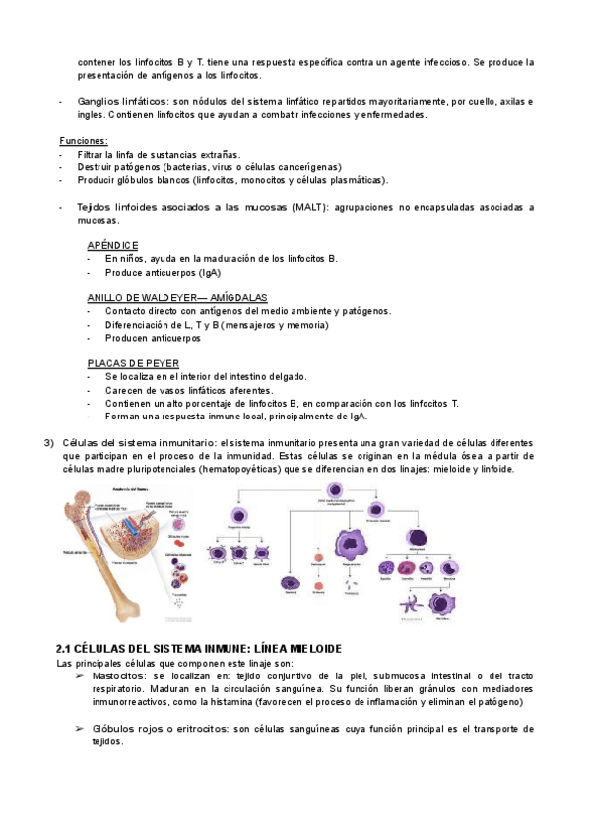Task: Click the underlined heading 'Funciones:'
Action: pos(84,141)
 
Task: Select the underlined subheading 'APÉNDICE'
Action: pos(112,245)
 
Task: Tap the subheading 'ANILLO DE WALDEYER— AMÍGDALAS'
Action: pos(177,298)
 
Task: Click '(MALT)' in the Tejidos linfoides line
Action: pos(313,208)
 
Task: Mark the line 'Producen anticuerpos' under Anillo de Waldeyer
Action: pos(153,338)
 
